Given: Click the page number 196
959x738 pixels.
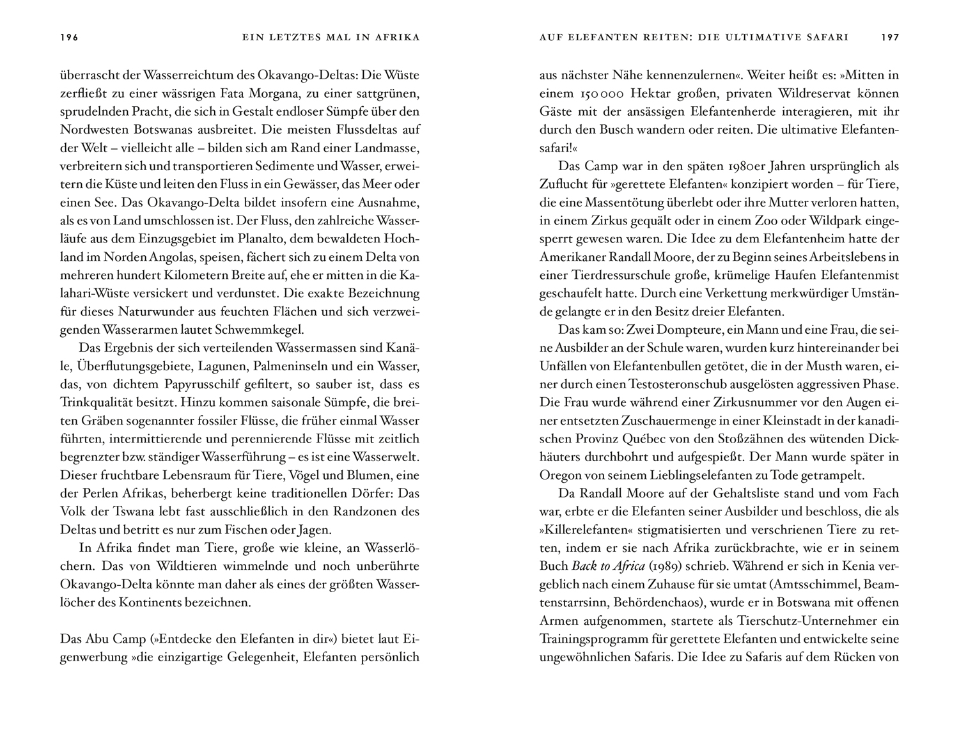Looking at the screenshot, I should point(69,37).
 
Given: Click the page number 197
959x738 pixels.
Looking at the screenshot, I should point(890,37).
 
